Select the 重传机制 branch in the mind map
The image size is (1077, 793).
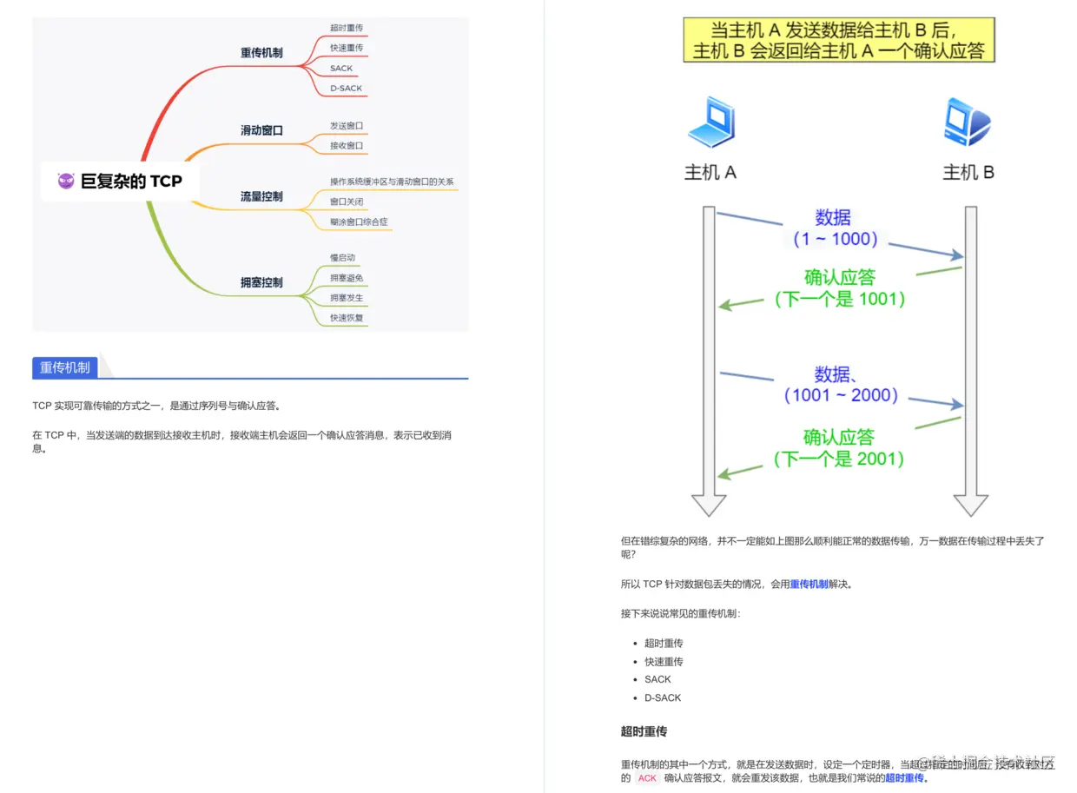(261, 53)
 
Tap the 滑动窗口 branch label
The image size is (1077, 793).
(261, 130)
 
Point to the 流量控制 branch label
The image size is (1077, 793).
(261, 196)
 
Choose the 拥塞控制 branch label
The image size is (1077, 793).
(261, 282)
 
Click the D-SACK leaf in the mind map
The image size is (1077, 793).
(346, 89)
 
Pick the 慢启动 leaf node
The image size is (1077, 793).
(342, 258)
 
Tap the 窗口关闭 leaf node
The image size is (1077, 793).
(346, 202)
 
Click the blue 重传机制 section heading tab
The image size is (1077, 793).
(65, 367)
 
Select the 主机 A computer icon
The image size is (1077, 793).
(711, 122)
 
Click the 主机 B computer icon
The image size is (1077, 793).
(967, 122)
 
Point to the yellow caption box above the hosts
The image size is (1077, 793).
(839, 40)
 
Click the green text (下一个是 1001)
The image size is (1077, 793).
(840, 299)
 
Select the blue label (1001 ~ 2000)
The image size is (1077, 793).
(840, 395)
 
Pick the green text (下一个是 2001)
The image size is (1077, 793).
(839, 459)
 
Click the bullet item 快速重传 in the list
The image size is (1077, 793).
(664, 662)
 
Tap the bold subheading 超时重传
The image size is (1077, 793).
(644, 732)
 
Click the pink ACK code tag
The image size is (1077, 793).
(647, 778)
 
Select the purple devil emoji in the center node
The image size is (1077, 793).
(66, 181)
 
